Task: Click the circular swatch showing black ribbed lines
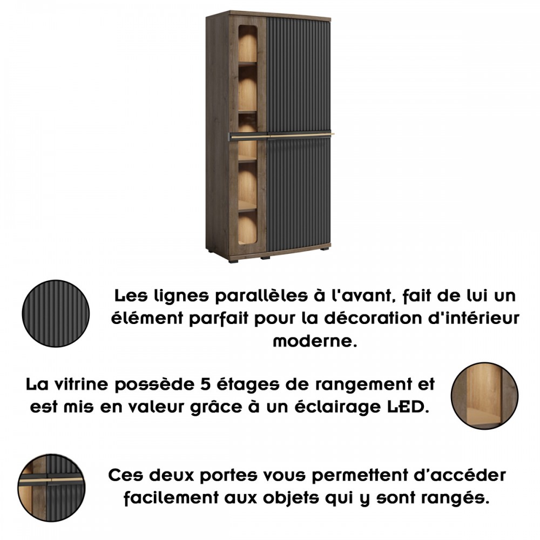click(x=56, y=313)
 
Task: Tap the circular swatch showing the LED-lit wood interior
click(x=484, y=396)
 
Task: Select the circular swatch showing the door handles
click(x=51, y=487)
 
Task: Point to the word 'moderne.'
click(x=315, y=341)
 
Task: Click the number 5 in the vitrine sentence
click(x=205, y=384)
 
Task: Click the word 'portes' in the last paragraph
click(x=228, y=476)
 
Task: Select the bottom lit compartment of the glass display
click(x=247, y=227)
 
